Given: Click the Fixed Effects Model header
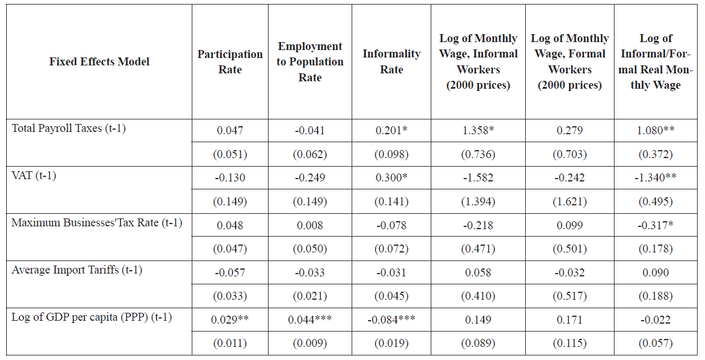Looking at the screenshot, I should [100, 61].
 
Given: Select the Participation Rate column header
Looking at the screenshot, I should [230, 61].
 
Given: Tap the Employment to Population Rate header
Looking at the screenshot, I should [310, 61].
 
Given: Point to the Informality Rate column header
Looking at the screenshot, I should [391, 61].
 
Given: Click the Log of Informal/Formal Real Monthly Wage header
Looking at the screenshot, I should [655, 61].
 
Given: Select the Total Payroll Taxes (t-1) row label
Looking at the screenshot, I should [69, 128].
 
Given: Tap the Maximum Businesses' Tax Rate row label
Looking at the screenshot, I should [97, 222].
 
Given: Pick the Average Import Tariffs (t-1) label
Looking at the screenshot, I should [77, 270].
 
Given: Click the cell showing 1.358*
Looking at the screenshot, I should [478, 130].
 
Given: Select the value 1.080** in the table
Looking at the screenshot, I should [655, 130].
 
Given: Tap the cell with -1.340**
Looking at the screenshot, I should [655, 177].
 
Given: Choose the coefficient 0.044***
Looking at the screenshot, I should [310, 320].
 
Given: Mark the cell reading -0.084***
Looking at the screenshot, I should [391, 320].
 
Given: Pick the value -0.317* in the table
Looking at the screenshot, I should [655, 225].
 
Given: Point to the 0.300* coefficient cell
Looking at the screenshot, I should [391, 177].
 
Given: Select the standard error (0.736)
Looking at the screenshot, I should [478, 154].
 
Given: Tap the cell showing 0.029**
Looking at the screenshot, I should [230, 320].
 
